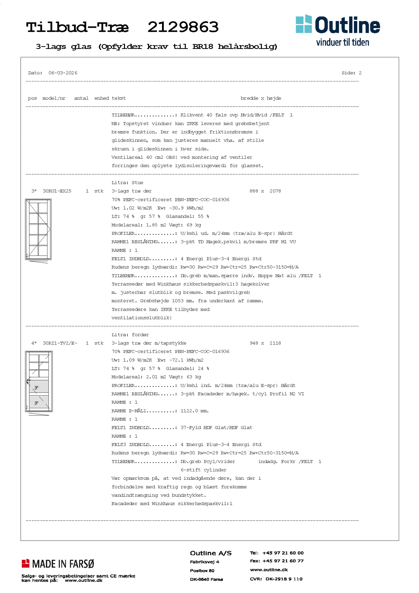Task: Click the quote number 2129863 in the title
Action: tap(183, 27)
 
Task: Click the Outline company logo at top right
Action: tap(338, 30)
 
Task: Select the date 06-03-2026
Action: tap(63, 73)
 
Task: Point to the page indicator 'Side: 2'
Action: tap(351, 73)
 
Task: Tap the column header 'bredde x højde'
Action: tap(260, 98)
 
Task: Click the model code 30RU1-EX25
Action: tap(57, 191)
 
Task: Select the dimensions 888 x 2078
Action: tap(265, 191)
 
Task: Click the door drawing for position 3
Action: tap(38, 230)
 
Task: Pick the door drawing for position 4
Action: tap(39, 382)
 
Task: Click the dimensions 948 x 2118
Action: tap(265, 343)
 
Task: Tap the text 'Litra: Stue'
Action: tap(127, 183)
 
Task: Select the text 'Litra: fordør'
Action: tap(130, 335)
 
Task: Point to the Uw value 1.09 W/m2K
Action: tap(137, 360)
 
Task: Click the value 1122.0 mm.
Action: tap(194, 411)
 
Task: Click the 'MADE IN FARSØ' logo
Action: tap(58, 564)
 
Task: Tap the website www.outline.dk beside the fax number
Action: tap(269, 570)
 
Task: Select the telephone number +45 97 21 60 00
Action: tap(283, 553)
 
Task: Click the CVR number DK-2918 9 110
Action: tap(284, 579)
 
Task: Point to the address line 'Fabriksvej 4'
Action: tap(205, 562)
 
